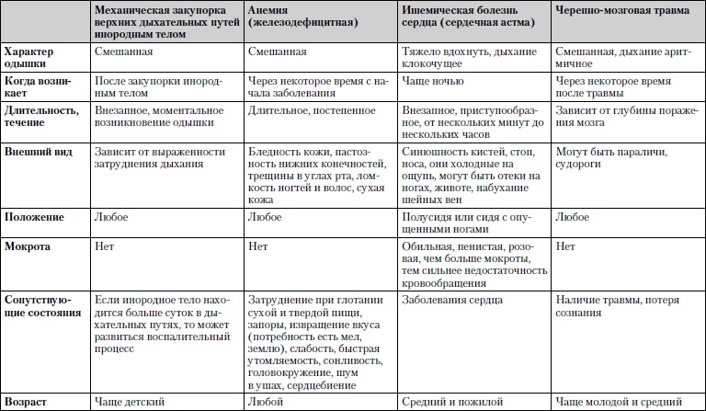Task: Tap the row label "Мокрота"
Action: coord(28,248)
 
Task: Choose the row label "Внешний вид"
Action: coord(38,149)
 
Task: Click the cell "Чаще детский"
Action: coord(130,402)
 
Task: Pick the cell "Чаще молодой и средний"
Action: coord(621,402)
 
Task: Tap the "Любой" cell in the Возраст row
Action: coord(266,402)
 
